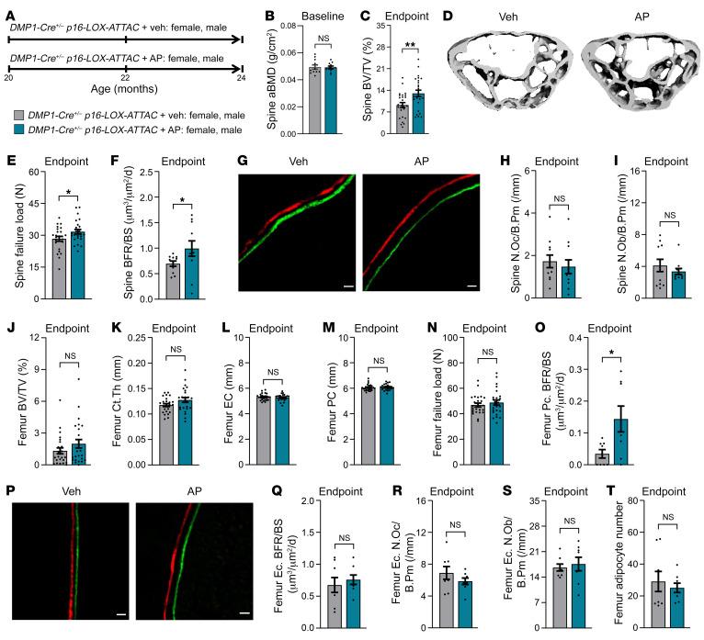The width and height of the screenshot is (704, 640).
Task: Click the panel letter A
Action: (8, 8)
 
